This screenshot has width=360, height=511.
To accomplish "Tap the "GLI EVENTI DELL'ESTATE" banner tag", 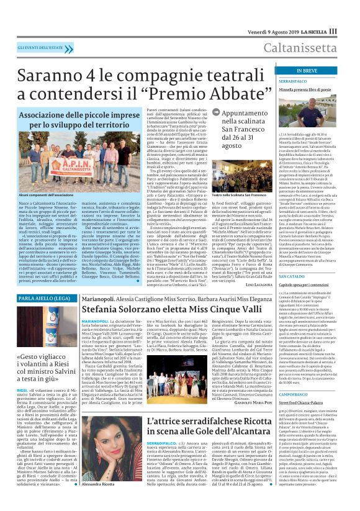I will tap(41, 48).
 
